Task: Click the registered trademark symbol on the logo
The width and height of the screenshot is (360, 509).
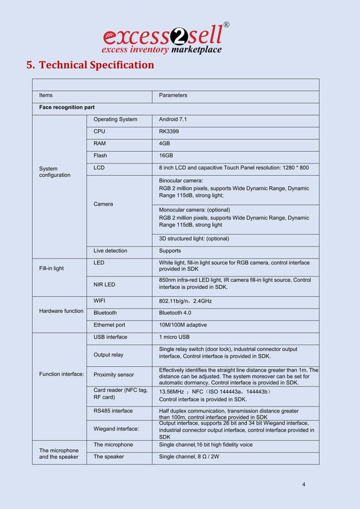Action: tap(226, 25)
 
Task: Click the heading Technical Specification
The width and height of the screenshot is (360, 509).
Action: tap(90, 65)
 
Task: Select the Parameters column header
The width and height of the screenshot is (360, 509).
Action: tap(173, 95)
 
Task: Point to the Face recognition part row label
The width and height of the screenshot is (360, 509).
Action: tap(67, 107)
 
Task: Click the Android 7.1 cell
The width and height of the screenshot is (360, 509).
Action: tap(173, 119)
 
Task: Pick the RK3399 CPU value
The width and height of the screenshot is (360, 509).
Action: tap(169, 131)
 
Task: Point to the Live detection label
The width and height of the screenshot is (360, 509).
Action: tap(110, 251)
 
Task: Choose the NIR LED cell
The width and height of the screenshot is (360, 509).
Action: tap(104, 284)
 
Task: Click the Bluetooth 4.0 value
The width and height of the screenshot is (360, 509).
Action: tap(177, 313)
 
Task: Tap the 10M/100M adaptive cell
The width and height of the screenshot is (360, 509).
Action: tap(183, 325)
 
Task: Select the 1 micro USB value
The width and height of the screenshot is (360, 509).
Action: tap(175, 337)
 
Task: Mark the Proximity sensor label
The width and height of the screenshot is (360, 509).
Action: tap(113, 375)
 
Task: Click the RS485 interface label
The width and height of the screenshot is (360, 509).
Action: tap(113, 411)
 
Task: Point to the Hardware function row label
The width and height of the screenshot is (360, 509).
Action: tap(61, 311)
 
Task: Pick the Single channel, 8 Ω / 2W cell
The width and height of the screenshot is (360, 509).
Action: tap(190, 457)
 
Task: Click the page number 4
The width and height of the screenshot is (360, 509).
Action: tap(304, 484)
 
